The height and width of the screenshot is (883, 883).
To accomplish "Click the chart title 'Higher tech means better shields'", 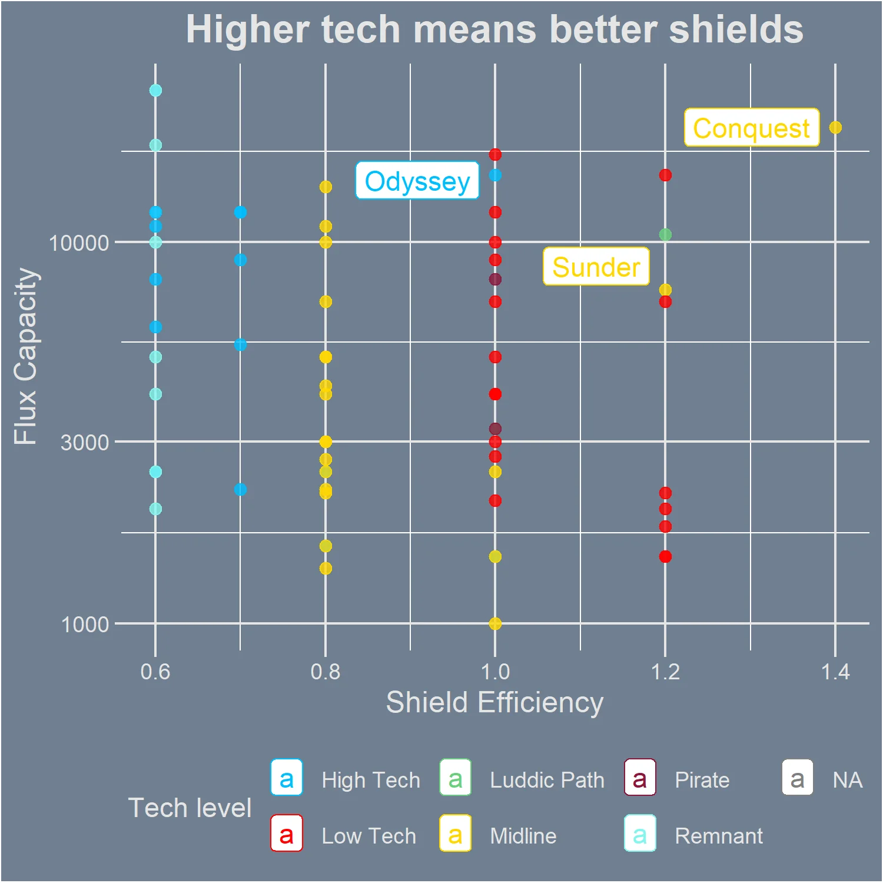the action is tap(494, 29).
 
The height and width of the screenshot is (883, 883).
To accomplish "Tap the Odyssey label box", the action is tap(417, 180).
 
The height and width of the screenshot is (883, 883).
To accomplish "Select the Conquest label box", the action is tap(752, 127).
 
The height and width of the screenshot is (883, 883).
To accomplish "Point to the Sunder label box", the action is tap(596, 266).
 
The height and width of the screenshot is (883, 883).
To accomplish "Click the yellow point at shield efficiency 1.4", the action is tap(835, 127).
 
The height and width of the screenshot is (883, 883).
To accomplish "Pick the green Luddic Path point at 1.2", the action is tap(665, 234).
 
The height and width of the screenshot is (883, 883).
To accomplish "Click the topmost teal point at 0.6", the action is tap(155, 90).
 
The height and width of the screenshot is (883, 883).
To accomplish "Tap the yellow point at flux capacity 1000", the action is tap(495, 623).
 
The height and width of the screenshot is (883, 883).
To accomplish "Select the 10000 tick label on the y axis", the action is tap(79, 243).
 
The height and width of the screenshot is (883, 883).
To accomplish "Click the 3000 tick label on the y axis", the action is tap(85, 442).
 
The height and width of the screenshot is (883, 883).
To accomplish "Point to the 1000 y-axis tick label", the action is tap(85, 624).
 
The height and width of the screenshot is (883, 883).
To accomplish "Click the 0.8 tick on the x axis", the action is tap(326, 672).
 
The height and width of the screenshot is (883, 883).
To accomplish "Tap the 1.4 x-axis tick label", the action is tap(835, 672).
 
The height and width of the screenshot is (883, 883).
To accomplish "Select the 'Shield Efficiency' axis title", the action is tap(494, 702).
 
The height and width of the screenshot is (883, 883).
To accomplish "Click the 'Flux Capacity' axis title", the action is tap(26, 356).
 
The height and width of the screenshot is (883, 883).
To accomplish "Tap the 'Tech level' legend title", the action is tap(190, 808).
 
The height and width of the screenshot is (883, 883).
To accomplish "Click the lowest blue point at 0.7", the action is tap(240, 489).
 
